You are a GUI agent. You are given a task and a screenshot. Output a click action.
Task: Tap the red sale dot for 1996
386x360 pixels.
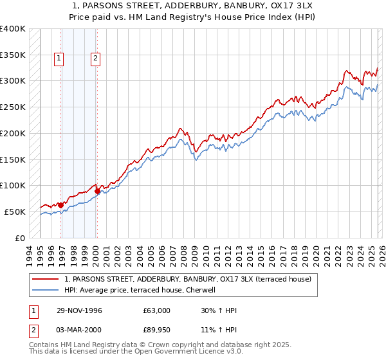coord(61,205)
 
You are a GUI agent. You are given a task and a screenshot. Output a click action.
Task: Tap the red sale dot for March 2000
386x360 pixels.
coord(97,191)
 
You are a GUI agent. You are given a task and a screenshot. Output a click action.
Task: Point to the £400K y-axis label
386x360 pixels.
coord(13,29)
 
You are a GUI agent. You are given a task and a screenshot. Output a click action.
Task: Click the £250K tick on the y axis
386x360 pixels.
coord(13,107)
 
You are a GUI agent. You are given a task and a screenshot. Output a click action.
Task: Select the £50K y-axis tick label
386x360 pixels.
coord(15,212)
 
